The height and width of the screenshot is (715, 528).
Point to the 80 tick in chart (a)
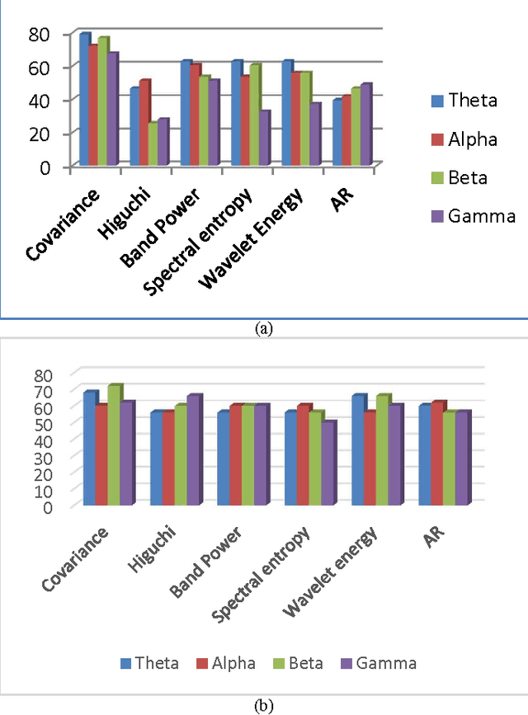click(x=39, y=34)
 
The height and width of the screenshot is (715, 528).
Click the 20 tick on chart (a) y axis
click(x=39, y=134)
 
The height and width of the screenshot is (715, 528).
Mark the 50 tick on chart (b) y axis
click(x=42, y=423)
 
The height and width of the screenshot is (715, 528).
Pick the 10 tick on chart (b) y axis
click(x=42, y=490)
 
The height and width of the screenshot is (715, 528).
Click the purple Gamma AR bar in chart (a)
click(x=365, y=125)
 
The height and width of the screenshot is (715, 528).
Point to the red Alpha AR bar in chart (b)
click(x=436, y=454)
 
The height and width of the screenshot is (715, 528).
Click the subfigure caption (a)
click(x=264, y=328)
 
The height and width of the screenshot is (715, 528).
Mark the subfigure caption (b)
click(x=264, y=706)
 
